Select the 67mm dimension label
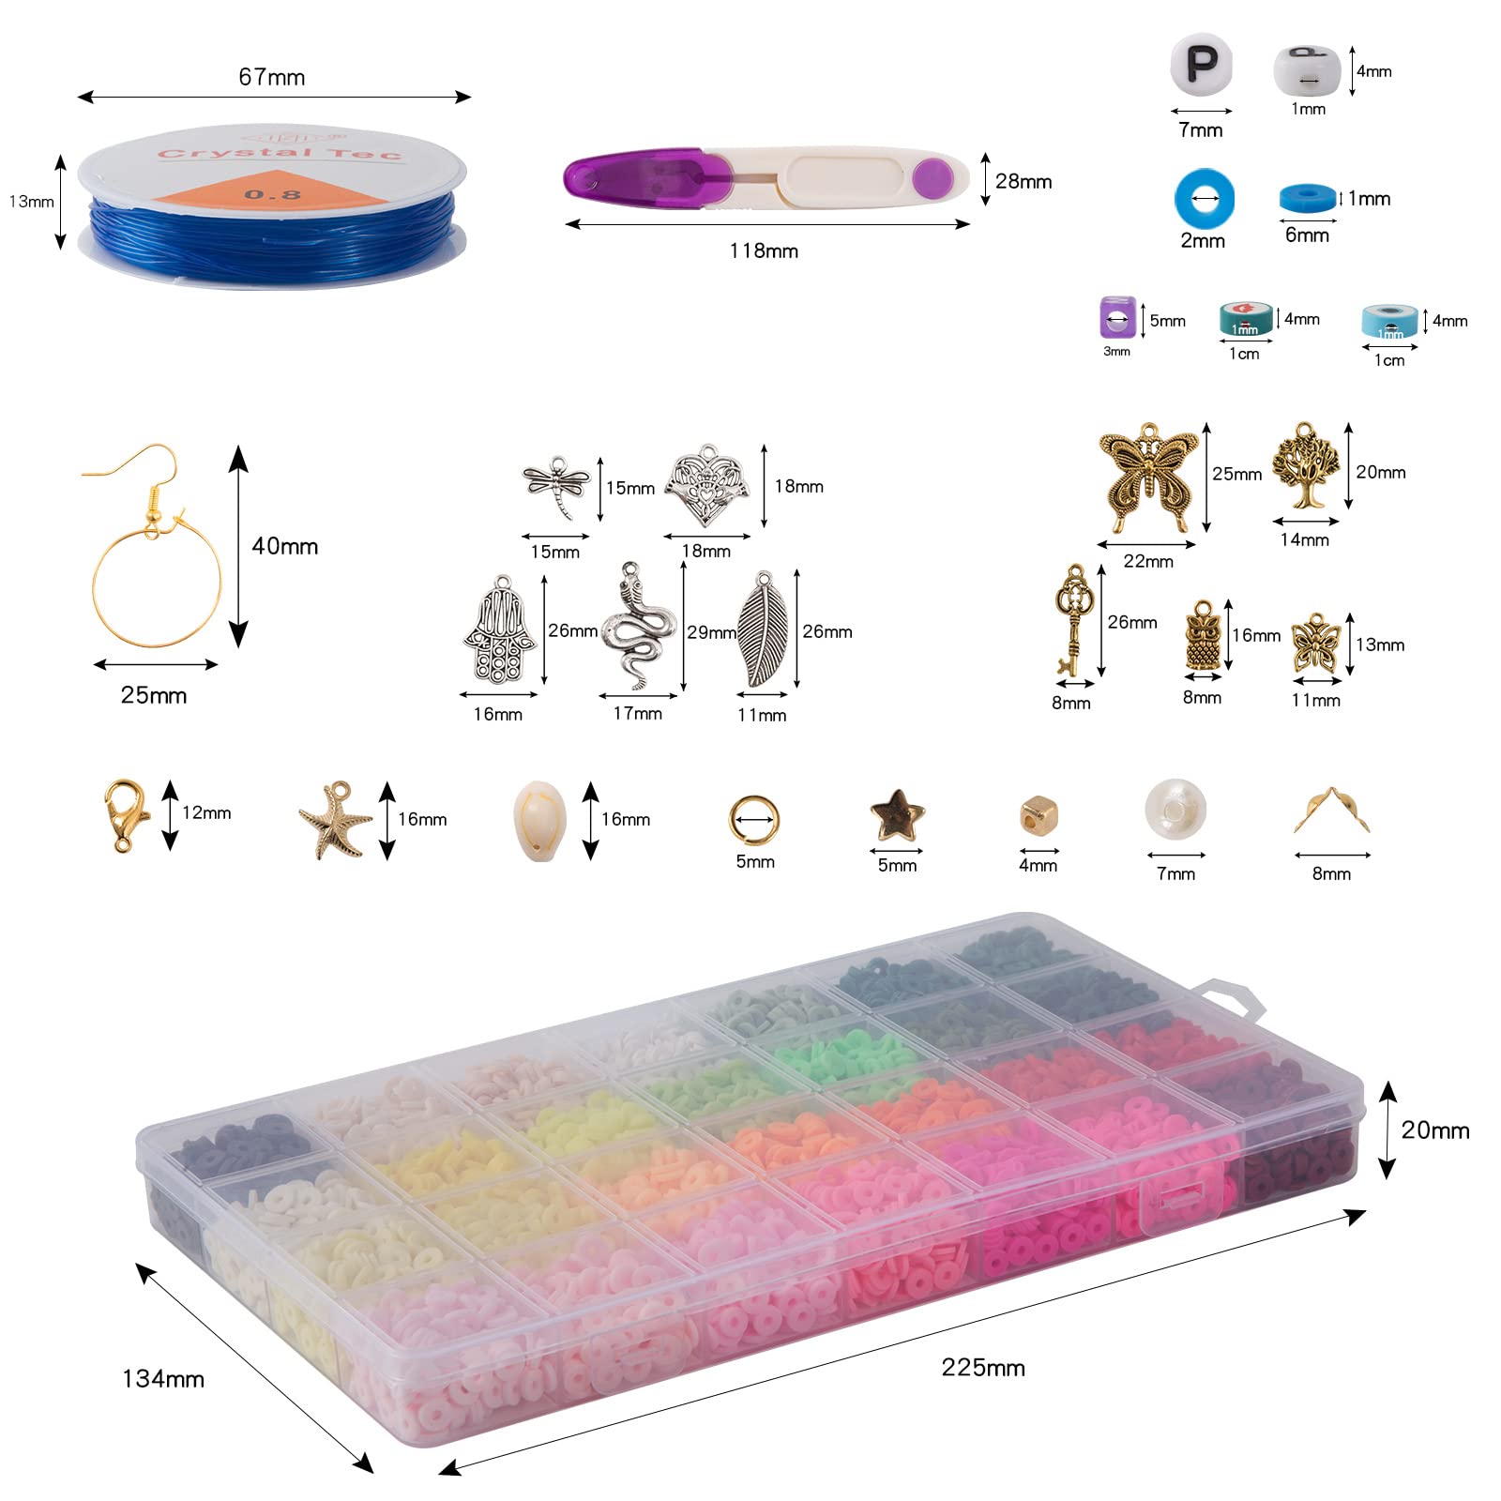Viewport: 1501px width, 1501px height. tap(272, 77)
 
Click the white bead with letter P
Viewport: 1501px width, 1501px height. tap(1201, 65)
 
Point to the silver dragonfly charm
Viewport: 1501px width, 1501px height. tap(556, 486)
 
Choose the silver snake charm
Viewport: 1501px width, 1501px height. tap(638, 626)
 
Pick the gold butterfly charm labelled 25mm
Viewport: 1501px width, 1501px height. tap(1148, 478)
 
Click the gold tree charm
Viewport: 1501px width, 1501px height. tap(1306, 466)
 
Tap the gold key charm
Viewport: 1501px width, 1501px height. tap(1070, 620)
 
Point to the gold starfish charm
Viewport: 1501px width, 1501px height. tap(335, 820)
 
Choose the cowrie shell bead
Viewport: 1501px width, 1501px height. tap(540, 819)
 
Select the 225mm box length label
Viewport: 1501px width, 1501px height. tap(983, 1367)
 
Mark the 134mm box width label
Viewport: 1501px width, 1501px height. tap(163, 1378)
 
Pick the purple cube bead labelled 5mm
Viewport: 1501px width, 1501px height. tap(1117, 317)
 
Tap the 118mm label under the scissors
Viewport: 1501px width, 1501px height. tap(764, 250)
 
